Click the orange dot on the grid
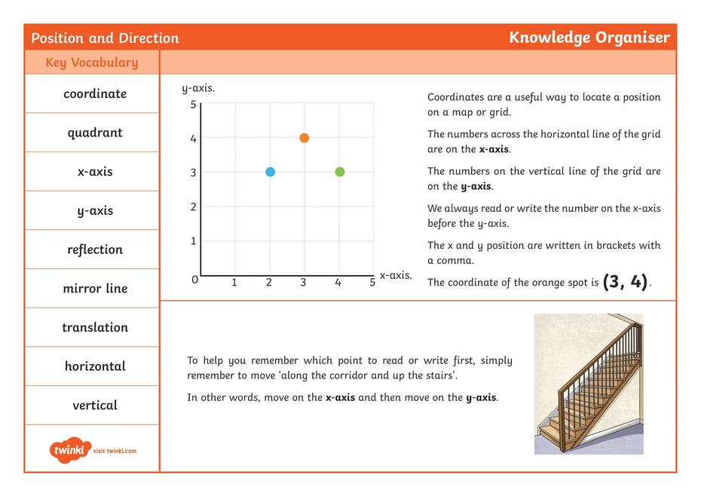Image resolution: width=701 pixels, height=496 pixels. click(304, 138)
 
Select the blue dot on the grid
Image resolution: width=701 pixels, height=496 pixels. click(270, 172)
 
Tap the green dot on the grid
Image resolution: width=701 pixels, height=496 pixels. click(339, 172)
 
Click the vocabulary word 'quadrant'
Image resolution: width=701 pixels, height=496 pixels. click(95, 133)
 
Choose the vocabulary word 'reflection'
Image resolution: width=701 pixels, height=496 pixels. click(95, 250)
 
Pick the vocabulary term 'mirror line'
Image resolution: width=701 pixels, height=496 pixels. click(95, 289)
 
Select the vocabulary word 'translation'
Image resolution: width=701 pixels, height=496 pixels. click(95, 327)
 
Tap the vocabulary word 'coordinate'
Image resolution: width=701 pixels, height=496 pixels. click(95, 94)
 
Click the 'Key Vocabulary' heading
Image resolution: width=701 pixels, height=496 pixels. click(92, 63)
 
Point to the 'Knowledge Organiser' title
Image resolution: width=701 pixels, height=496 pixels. click(589, 38)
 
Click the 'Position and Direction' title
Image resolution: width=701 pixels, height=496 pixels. click(105, 38)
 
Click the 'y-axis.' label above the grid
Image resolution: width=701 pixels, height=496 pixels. click(198, 88)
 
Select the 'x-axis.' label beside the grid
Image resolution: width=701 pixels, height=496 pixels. click(396, 276)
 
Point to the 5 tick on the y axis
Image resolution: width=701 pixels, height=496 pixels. click(193, 104)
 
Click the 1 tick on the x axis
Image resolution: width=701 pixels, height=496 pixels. click(234, 283)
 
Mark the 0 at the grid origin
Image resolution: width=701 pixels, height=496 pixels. click(194, 280)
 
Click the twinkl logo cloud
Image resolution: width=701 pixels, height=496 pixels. click(71, 450)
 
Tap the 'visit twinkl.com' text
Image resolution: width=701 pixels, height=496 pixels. click(115, 451)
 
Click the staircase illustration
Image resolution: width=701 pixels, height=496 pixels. click(589, 384)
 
